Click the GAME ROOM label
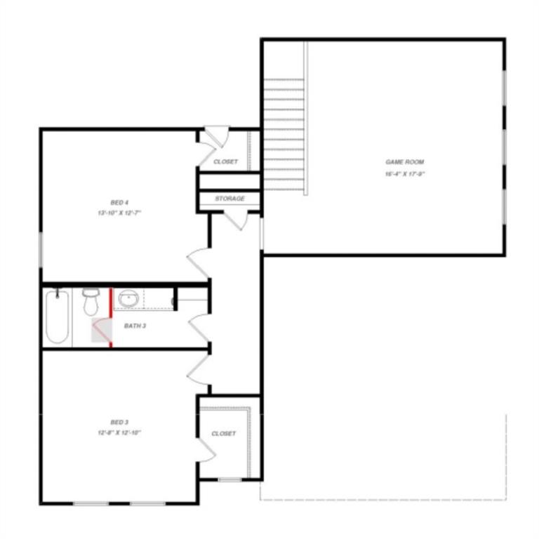[x=404, y=162]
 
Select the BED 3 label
[x=119, y=422]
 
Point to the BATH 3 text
[x=135, y=326]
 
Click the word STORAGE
[x=229, y=199]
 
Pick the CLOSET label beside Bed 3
[x=224, y=434]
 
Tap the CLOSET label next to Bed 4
[x=225, y=162]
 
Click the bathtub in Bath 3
[x=57, y=317]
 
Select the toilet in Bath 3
[x=91, y=302]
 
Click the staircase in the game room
[x=284, y=133]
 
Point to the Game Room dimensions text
[x=404, y=173]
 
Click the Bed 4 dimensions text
[x=119, y=213]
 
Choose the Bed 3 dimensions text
[x=119, y=433]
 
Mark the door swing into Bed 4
[x=198, y=263]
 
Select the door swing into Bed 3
[x=199, y=367]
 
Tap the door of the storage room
[x=237, y=219]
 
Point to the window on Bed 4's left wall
[x=41, y=250]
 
